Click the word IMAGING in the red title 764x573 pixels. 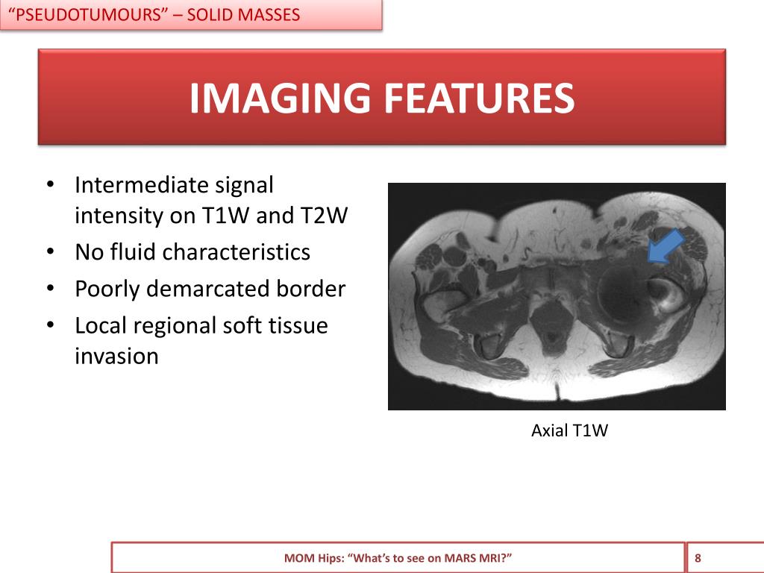coord(281,98)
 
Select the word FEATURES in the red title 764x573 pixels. coord(479,98)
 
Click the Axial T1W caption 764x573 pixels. coord(569,430)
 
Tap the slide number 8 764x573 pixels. coord(698,557)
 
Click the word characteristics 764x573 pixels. coord(236,252)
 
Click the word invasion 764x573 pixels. coord(116,357)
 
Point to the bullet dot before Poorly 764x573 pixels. coord(49,289)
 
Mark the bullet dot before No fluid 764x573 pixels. coord(49,252)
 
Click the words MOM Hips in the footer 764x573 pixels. coord(313,558)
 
